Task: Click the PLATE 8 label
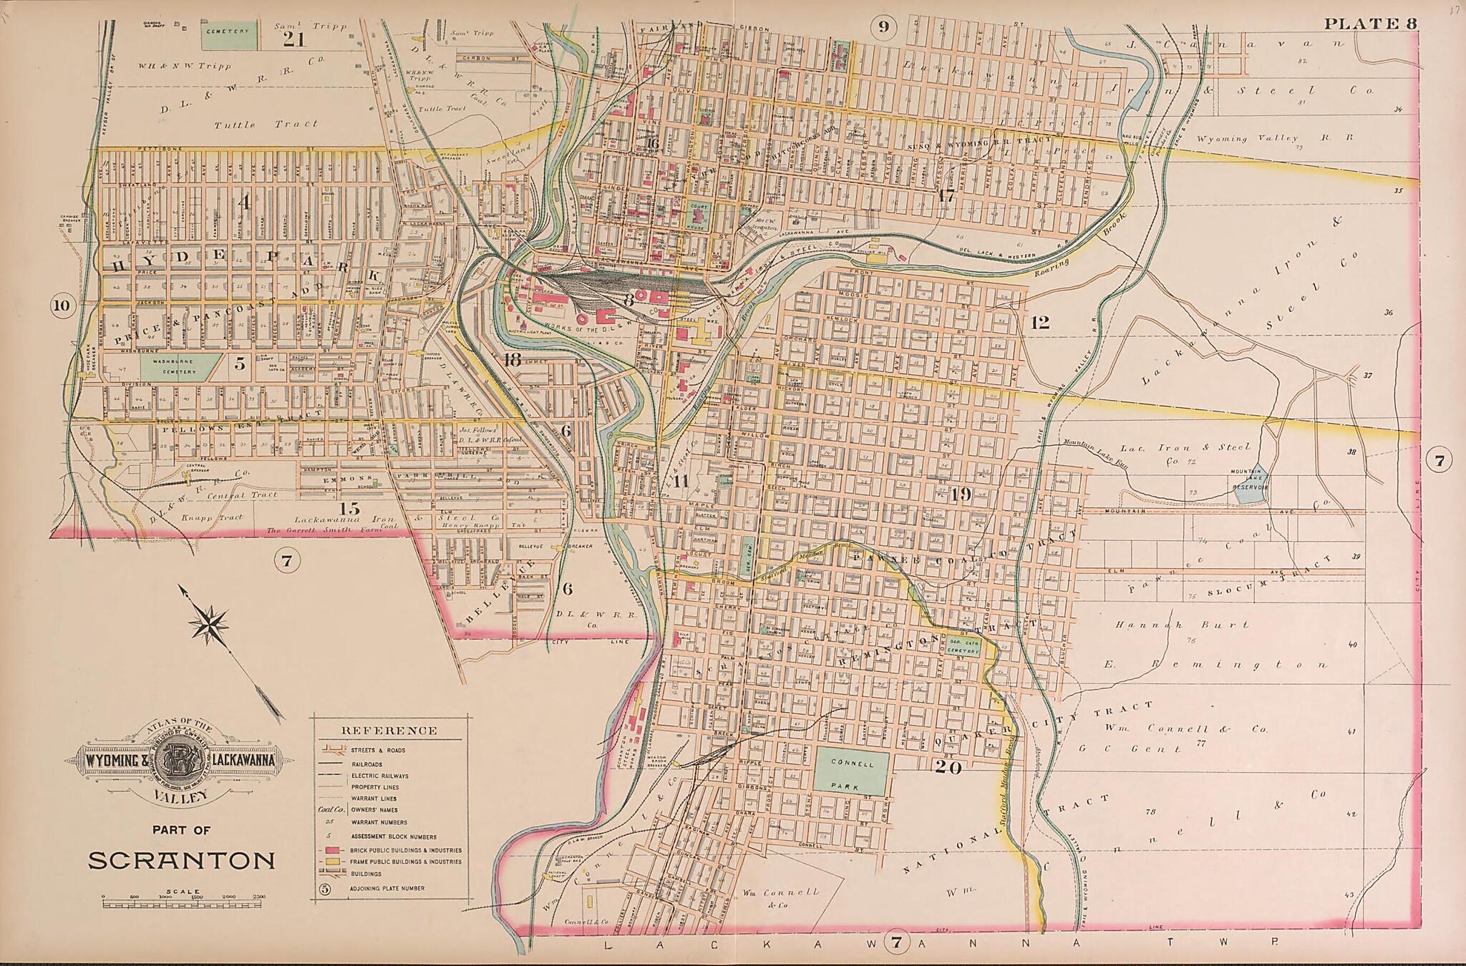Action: [1369, 24]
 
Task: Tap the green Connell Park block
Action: [852, 771]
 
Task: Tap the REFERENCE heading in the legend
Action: [389, 731]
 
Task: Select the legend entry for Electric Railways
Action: [379, 776]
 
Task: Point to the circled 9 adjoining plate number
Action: [883, 27]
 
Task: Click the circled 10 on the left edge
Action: [62, 306]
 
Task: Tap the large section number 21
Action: [293, 38]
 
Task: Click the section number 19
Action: [960, 493]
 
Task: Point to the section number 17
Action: [946, 195]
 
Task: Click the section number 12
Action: [1039, 322]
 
